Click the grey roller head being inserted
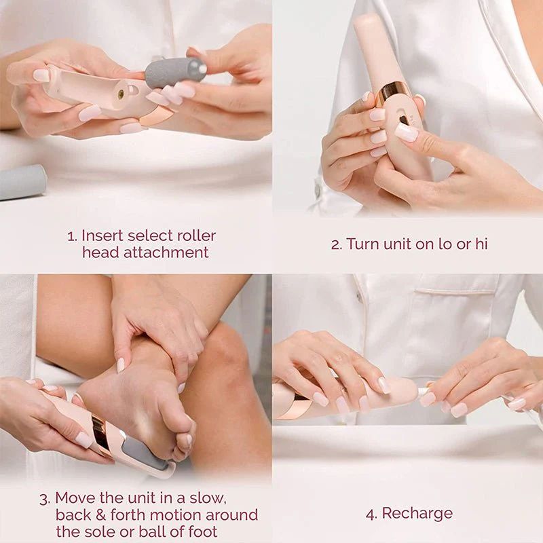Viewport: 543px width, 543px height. click(174, 72)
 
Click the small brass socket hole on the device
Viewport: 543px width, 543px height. click(121, 94)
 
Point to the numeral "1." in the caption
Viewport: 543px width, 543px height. click(72, 236)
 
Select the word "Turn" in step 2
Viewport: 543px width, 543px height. click(362, 244)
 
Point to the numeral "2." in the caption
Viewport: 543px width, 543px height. click(336, 244)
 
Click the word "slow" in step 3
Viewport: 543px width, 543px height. click(228, 498)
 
